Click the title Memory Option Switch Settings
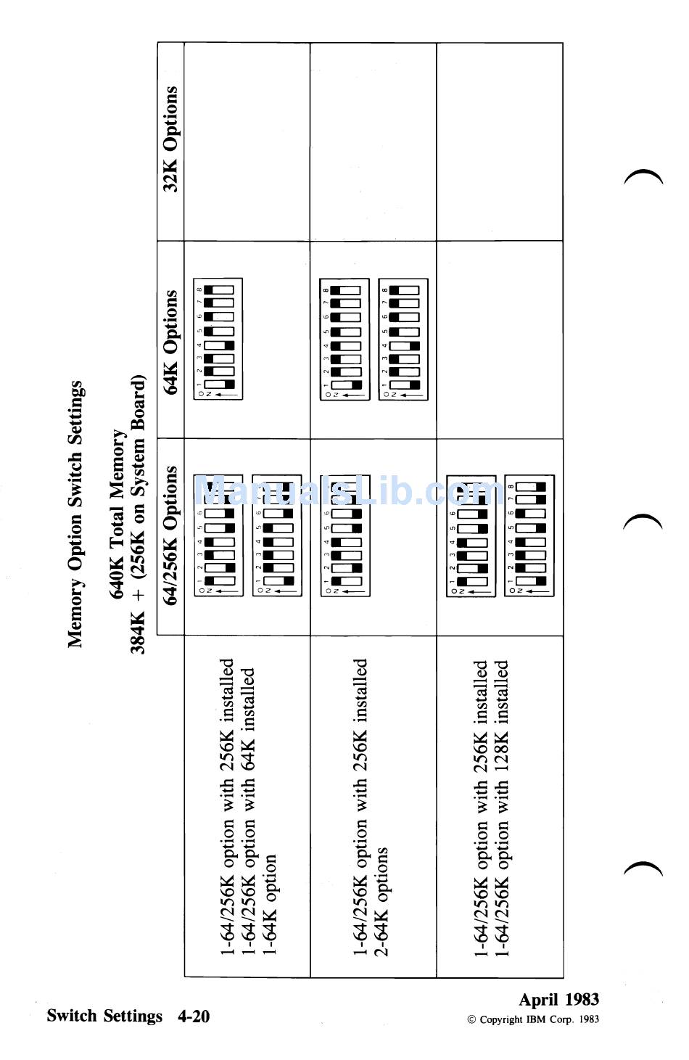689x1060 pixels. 75,514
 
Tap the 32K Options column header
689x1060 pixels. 171,139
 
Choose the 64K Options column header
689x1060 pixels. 171,342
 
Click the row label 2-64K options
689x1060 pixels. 382,901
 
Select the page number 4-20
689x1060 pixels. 194,1016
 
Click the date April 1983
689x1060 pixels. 558,999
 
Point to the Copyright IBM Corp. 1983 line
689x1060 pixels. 533,1019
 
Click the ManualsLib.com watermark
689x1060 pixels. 348,492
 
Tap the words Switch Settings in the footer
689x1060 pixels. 104,1016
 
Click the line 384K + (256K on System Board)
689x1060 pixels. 139,514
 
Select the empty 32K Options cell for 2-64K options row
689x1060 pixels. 373,142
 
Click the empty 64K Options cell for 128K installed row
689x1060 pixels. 500,340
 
